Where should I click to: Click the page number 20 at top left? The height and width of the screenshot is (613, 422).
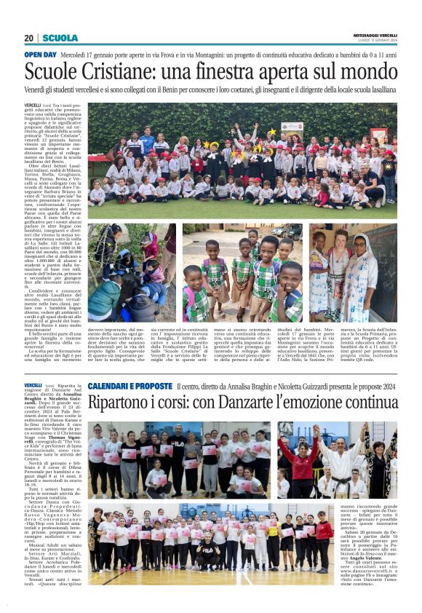(x=28, y=38)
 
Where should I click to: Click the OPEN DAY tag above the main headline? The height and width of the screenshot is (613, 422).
(x=40, y=55)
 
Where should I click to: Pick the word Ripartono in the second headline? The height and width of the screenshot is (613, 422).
(x=124, y=403)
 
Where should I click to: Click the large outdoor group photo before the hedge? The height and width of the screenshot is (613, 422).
(x=242, y=160)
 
